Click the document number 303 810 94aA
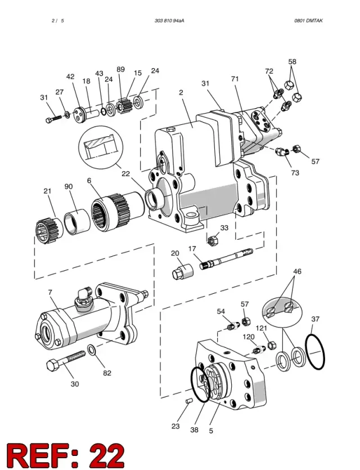coord(169,21)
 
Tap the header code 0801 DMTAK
coord(308,21)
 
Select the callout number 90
coord(69,186)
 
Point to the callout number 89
coord(121,69)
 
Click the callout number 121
coord(262,328)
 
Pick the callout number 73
coord(295,173)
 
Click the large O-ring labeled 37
coord(315,351)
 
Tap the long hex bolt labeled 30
coord(66,360)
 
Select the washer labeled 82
coord(91,349)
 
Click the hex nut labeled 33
coord(213,240)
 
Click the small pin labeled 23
coord(188,401)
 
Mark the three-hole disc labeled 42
coord(80,114)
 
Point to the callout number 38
coord(194,429)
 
